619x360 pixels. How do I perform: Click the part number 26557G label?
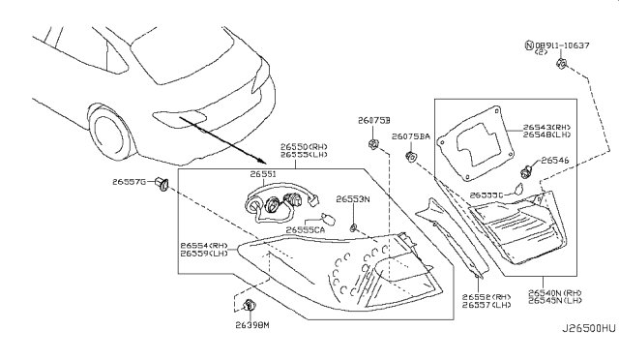pos(128,182)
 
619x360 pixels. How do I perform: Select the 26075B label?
pos(372,121)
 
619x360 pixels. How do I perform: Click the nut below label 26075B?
pos(372,146)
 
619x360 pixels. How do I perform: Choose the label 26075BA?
pos(410,137)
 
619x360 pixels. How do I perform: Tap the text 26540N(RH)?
pos(556,291)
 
